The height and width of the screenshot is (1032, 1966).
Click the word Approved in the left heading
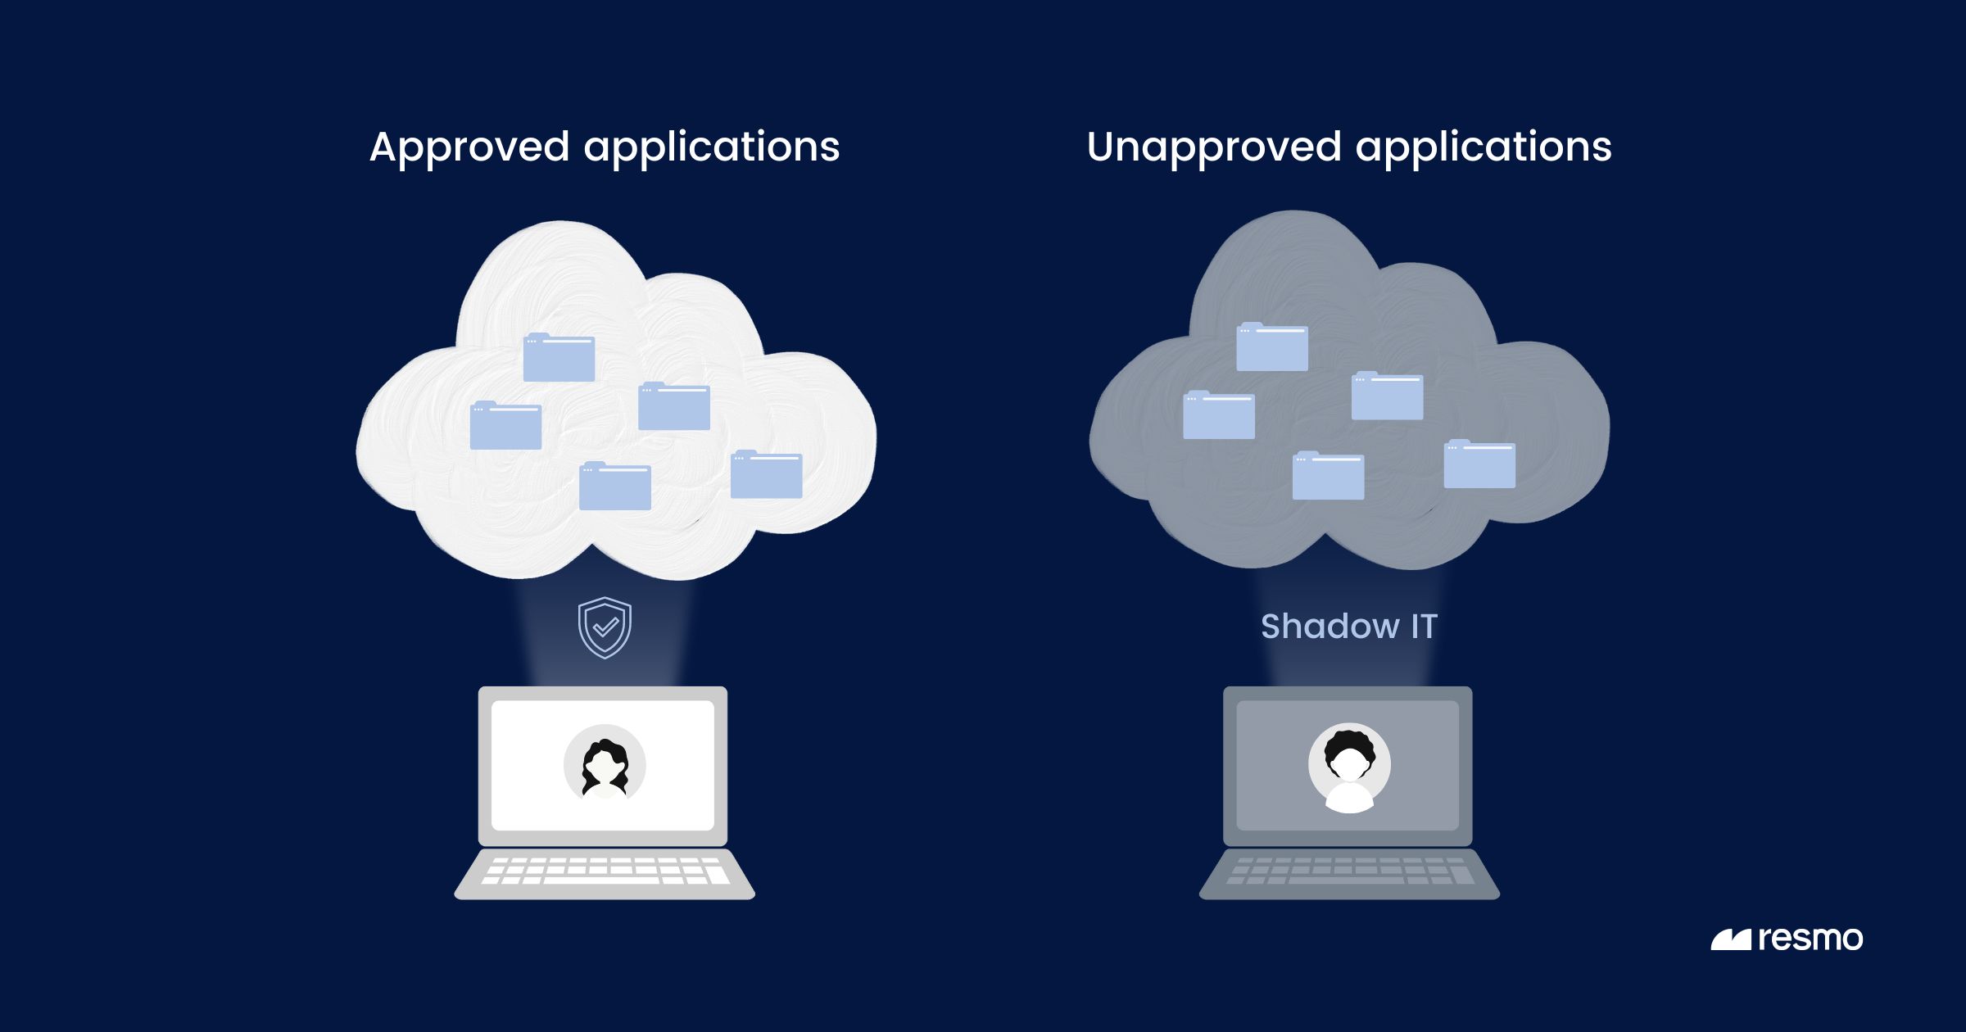pos(469,148)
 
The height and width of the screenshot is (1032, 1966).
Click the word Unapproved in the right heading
pos(1214,148)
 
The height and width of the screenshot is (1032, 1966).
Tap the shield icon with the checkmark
pos(605,627)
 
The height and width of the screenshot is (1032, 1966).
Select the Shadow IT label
pos(1349,627)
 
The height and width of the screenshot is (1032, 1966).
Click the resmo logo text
pos(1810,939)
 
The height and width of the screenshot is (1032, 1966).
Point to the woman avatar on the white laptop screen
pos(605,764)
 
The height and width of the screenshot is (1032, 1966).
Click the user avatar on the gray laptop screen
pos(1349,767)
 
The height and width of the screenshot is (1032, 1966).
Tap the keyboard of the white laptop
pos(605,871)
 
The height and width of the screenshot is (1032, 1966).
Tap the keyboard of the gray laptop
pos(1349,871)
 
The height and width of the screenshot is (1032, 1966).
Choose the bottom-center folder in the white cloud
pos(615,487)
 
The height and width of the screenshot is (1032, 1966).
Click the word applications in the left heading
pos(711,148)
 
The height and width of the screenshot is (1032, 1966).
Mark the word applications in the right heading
pos(1484,148)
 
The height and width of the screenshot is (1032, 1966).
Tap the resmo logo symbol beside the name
pos(1730,940)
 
